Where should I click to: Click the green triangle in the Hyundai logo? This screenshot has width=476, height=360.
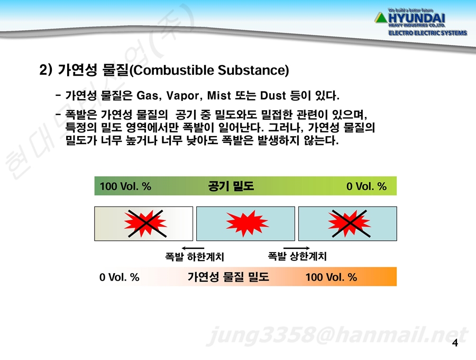tap(381, 18)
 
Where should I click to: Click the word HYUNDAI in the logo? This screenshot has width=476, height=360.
tap(417, 18)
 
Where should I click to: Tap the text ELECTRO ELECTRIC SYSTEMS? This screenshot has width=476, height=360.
tap(427, 33)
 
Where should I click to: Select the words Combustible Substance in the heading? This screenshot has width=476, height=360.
tap(209, 70)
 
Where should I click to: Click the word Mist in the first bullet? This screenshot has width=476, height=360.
tap(219, 96)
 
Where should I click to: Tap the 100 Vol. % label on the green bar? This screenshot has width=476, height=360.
tap(125, 186)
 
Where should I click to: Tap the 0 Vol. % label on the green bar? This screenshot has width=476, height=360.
tap(367, 186)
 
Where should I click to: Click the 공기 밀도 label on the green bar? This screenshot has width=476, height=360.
tap(231, 186)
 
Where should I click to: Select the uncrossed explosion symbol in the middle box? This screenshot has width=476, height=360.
tap(247, 224)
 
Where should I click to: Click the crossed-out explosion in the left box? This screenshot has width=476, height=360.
tap(146, 223)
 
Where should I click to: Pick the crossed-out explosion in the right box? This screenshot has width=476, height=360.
tap(350, 223)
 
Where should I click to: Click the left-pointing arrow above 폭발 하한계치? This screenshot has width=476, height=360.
tap(193, 248)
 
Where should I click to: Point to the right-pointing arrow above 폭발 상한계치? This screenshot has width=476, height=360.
tap(297, 248)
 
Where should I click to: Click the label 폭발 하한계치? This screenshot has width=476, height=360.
tap(195, 257)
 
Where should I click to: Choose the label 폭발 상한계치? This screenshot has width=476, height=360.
tap(297, 256)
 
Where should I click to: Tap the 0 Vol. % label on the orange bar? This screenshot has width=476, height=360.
tap(120, 277)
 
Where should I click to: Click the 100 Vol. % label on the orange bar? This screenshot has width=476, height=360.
tap(331, 277)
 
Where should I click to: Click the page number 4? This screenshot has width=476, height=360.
tap(455, 343)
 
